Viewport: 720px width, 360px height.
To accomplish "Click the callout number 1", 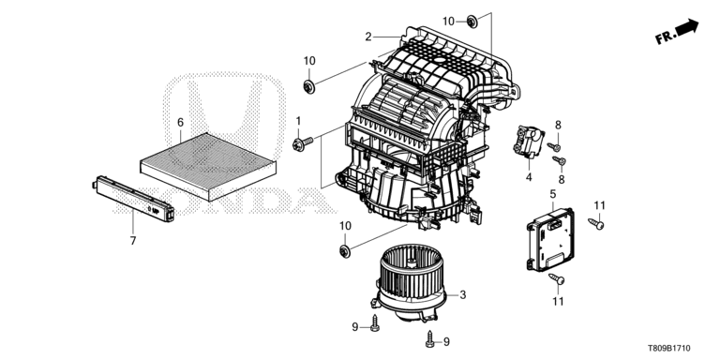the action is click(x=298, y=121).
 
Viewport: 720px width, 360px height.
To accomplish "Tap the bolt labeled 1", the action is click(x=303, y=142).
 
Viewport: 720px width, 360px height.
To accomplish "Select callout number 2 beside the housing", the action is click(x=368, y=37).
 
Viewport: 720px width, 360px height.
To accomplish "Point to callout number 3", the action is click(x=463, y=294).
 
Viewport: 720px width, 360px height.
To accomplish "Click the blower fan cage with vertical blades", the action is click(x=411, y=269).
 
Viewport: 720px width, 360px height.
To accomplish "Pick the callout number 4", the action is click(x=529, y=177).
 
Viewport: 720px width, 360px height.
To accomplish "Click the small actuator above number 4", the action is click(x=528, y=142).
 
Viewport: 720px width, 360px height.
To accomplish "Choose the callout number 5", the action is click(x=553, y=194).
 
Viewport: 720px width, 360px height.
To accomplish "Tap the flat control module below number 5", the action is click(x=550, y=239).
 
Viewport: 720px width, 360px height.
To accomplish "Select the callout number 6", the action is click(x=180, y=122).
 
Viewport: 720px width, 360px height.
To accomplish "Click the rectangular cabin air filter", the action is click(x=208, y=166).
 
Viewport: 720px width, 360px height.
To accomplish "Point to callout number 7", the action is click(x=133, y=241).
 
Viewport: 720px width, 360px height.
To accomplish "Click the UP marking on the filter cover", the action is click(x=156, y=211).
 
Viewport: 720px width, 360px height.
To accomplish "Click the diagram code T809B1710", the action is click(x=668, y=349).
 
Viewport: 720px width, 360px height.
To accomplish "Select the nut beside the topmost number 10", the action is click(x=472, y=21).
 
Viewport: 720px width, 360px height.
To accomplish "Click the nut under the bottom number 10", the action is click(x=345, y=251).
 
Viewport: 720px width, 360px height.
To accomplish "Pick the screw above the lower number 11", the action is click(x=557, y=278).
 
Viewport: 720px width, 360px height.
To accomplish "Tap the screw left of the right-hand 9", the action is click(x=430, y=338).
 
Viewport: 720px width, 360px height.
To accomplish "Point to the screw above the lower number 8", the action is click(x=559, y=160).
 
